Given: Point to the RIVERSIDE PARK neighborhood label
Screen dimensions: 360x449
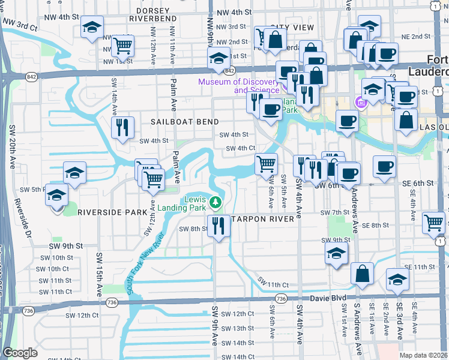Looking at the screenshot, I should tap(112, 212).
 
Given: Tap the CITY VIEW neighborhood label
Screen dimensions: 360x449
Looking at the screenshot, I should tap(292, 28).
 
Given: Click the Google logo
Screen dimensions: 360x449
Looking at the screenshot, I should tap(20, 353).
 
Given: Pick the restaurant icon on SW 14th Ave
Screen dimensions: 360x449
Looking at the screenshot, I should tap(122, 127).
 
